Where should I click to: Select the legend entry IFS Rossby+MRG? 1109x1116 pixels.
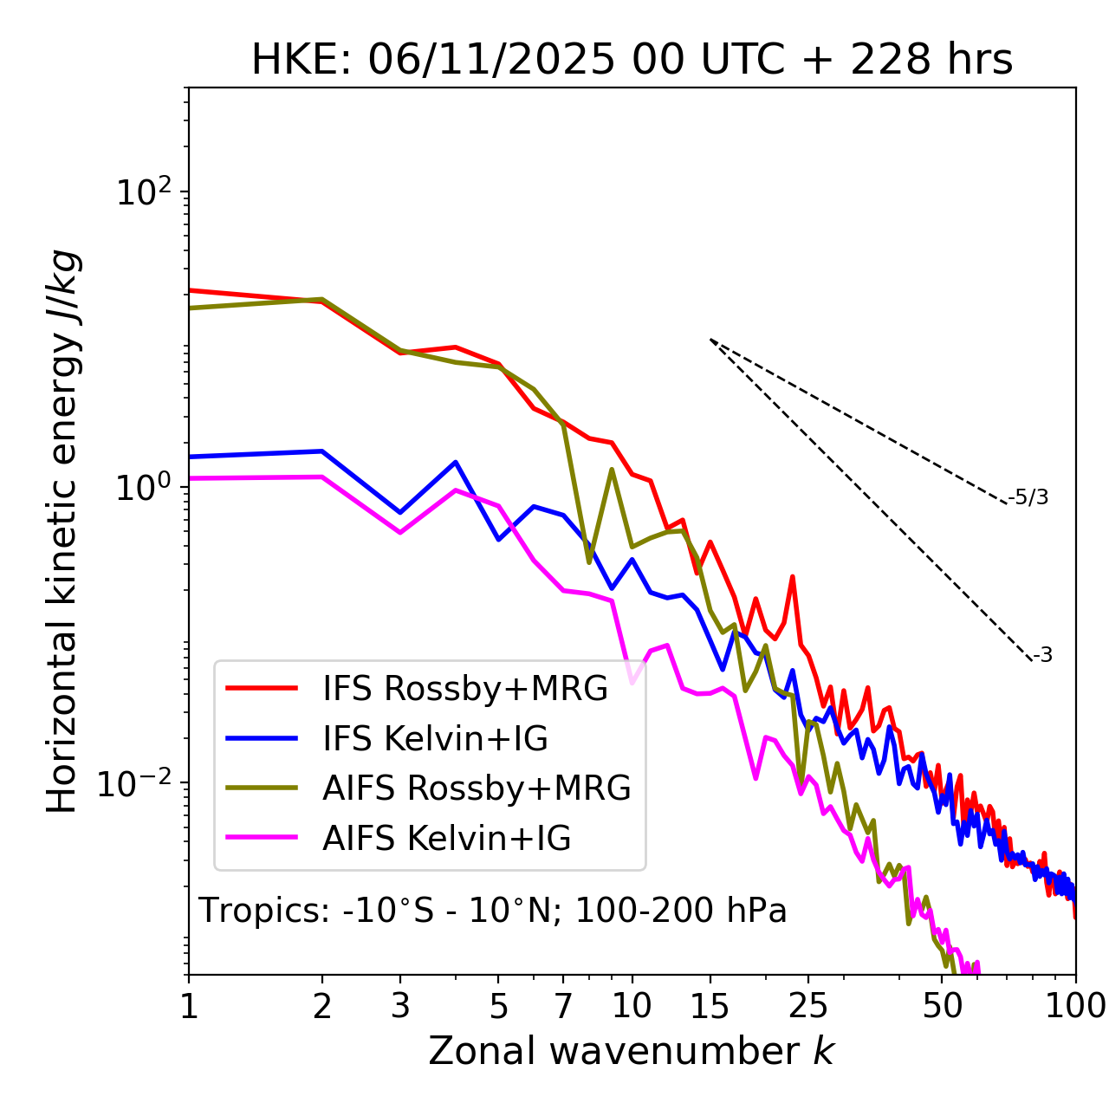click(x=465, y=689)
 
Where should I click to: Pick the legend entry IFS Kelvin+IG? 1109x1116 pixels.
click(x=435, y=739)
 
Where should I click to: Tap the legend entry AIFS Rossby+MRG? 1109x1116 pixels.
click(x=477, y=788)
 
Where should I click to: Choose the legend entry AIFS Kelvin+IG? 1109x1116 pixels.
click(x=446, y=839)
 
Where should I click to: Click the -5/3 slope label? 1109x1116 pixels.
click(x=1028, y=497)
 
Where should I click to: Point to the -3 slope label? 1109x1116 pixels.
click(x=1042, y=656)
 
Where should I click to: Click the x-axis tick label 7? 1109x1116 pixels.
click(x=563, y=1006)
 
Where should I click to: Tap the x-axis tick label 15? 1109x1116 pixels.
click(x=710, y=1006)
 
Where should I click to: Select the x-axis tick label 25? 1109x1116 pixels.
click(x=808, y=1006)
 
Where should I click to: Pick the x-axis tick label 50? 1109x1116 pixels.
click(x=942, y=1006)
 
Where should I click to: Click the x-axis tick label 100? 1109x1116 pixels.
click(x=1075, y=1006)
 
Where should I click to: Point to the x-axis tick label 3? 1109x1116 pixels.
click(x=399, y=1006)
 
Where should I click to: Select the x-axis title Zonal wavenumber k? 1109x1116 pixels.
click(x=632, y=1051)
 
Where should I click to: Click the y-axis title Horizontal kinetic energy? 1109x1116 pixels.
click(x=63, y=531)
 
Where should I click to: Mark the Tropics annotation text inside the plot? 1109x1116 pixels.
click(x=492, y=911)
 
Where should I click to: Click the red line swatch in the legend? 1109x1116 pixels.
click(x=261, y=689)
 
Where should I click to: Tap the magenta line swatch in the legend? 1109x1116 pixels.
click(x=261, y=839)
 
